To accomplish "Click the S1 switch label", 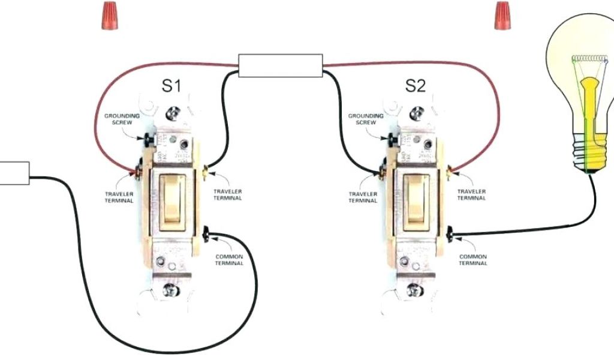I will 171,86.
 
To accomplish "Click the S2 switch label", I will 415,86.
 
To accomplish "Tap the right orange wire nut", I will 499,16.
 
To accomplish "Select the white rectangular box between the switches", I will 281,65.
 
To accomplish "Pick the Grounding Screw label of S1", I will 122,119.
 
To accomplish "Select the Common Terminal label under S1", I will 229,260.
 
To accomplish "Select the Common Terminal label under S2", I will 473,260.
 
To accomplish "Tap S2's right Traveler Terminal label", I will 472,194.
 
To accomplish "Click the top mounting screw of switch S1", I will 173,112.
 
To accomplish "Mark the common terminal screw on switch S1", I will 207,233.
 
